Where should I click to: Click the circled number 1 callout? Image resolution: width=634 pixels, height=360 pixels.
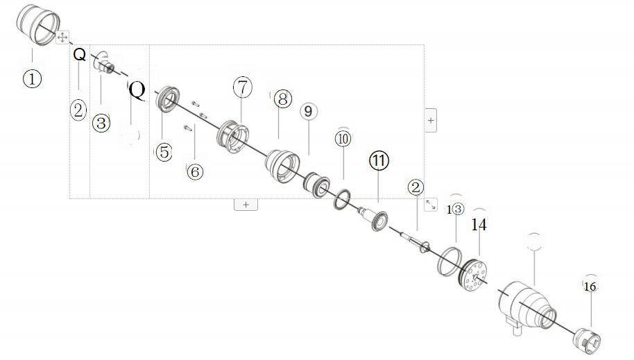pyautogui.click(x=32, y=78)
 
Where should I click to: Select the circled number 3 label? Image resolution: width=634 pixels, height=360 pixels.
pyautogui.click(x=101, y=123)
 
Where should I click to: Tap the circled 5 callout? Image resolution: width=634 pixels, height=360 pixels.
pyautogui.click(x=163, y=151)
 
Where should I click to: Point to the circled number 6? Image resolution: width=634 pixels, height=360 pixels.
pyautogui.click(x=195, y=171)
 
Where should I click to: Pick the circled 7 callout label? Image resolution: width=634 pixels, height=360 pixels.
pyautogui.click(x=241, y=87)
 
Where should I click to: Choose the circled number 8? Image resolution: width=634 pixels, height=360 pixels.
pyautogui.click(x=282, y=98)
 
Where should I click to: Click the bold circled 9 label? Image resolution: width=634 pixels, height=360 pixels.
pyautogui.click(x=309, y=111)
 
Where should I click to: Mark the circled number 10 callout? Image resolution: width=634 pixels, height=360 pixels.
pyautogui.click(x=343, y=138)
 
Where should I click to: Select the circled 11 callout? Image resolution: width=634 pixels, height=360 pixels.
pyautogui.click(x=378, y=160)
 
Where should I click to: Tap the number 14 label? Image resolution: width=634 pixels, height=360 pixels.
pyautogui.click(x=479, y=225)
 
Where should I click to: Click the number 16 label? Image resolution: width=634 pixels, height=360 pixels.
pyautogui.click(x=590, y=286)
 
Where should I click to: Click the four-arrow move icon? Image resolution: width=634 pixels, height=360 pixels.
pyautogui.click(x=61, y=37)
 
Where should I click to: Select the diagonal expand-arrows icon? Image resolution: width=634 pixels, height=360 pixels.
pyautogui.click(x=430, y=204)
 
